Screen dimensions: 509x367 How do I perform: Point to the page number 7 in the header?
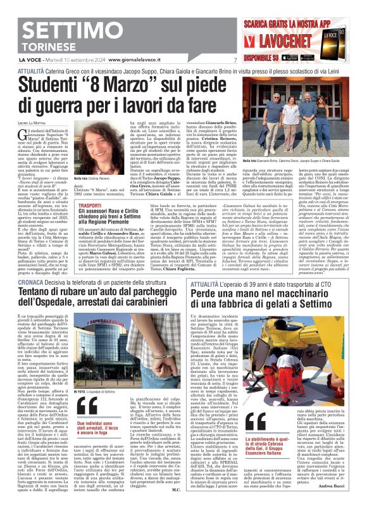tap(234, 61)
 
